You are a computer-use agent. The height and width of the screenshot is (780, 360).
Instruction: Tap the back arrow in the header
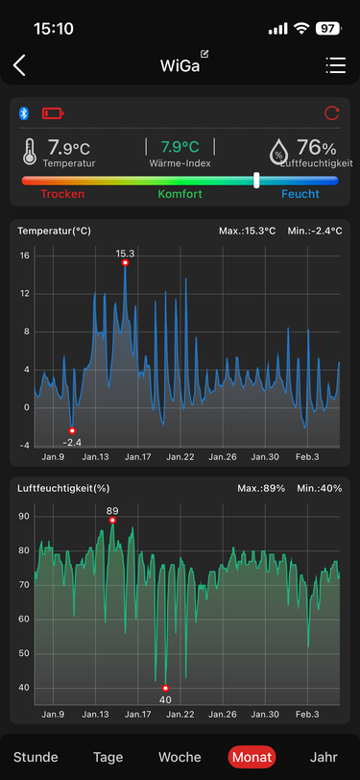point(19,65)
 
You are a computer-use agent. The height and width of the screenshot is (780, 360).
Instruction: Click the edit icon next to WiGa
point(204,54)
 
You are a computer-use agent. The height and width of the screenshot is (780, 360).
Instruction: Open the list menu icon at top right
point(336,65)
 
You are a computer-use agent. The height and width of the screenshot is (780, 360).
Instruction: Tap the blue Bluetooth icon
point(24,113)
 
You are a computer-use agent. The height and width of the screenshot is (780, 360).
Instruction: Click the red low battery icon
point(53,114)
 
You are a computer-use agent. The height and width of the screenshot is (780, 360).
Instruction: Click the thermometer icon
point(30,151)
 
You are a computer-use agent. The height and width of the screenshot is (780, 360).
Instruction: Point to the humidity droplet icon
point(279,151)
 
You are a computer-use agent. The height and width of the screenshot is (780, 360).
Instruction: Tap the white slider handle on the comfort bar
point(256,180)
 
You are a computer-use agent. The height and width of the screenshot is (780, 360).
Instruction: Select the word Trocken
point(62,194)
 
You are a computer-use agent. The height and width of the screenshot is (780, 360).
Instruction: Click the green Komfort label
point(180,194)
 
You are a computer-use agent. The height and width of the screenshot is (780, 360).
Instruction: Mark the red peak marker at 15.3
point(126,262)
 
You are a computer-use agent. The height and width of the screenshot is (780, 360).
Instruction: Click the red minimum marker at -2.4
point(72,430)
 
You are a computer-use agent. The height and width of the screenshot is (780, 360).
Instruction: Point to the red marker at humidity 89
point(112,521)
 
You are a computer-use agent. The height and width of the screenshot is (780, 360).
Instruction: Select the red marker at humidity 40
point(165,688)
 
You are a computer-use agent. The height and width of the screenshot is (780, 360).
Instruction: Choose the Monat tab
point(252,757)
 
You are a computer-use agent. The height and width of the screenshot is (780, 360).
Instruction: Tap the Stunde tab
point(36,757)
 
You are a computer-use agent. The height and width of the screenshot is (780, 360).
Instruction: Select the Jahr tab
point(324,757)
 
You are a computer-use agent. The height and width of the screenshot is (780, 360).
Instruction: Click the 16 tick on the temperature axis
point(25,256)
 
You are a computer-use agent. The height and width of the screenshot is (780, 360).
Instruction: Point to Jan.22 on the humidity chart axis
point(180,715)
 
